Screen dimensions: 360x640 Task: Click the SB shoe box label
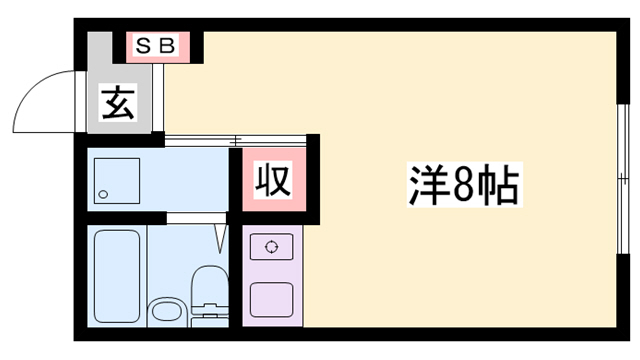(155, 46)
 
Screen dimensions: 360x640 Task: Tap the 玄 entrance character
(118, 103)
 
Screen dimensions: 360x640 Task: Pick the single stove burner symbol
(271, 246)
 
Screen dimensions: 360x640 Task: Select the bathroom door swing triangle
(220, 238)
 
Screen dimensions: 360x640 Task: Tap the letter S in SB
(143, 46)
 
